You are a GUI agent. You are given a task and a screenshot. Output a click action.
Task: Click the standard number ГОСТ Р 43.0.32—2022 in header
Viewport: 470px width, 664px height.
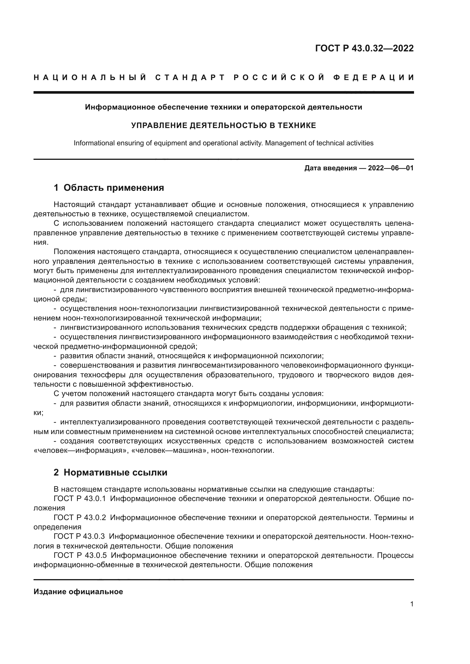(x=364, y=48)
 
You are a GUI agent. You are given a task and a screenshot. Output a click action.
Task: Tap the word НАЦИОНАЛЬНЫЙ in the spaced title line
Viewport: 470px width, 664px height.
(x=90, y=77)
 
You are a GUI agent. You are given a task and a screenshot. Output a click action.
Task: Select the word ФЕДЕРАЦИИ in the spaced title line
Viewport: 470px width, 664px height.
(x=373, y=77)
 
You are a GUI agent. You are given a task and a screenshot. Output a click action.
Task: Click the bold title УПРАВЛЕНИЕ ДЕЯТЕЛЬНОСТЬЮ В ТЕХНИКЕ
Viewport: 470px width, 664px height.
(x=223, y=125)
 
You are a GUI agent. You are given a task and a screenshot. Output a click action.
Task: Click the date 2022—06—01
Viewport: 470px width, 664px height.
(x=391, y=168)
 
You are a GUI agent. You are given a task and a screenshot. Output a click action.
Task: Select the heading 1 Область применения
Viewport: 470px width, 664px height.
(x=109, y=188)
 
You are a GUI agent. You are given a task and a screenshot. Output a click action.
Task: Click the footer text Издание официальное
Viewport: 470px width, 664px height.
(x=78, y=592)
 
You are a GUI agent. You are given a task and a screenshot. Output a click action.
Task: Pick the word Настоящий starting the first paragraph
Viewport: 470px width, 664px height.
(x=74, y=205)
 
